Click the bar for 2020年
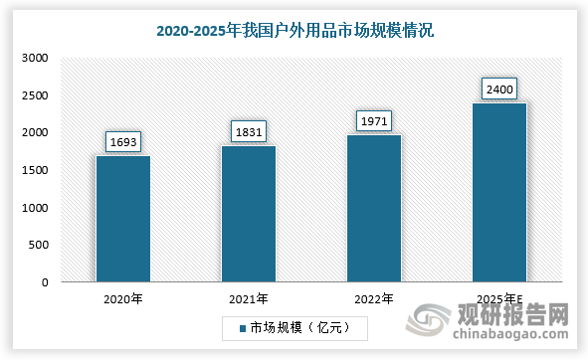[123, 219]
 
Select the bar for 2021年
[249, 214]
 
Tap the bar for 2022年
[373, 209]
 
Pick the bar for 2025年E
[498, 192]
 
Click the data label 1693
[123, 141]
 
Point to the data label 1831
[249, 131]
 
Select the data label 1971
[373, 121]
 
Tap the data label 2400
[498, 90]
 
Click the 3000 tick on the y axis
[35, 59]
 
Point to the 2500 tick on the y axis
[35, 95]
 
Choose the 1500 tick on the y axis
[35, 170]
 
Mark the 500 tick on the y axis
[38, 245]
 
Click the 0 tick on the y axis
[45, 282]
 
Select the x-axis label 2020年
[123, 298]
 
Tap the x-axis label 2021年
[249, 298]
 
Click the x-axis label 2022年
[373, 298]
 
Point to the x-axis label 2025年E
[498, 298]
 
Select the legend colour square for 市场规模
[241, 326]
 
